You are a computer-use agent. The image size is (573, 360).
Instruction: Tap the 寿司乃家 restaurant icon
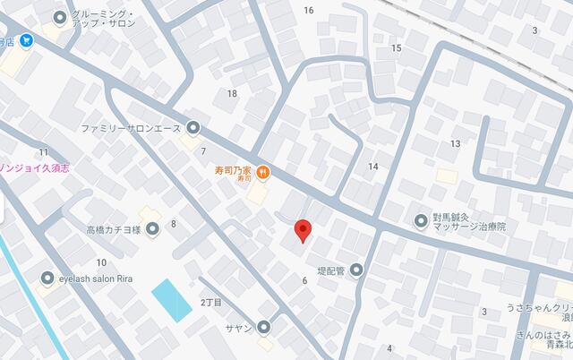point(262,172)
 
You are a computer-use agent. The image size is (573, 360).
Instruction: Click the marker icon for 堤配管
point(356,270)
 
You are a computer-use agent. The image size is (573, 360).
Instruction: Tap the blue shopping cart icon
point(26,40)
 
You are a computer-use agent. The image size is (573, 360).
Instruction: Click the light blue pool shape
point(172,300)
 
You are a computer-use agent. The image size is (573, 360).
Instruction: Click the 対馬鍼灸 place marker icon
point(421,220)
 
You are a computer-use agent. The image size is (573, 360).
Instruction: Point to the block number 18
point(232,94)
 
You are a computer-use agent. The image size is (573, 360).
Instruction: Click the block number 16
point(309,11)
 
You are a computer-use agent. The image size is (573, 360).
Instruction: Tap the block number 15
point(396,47)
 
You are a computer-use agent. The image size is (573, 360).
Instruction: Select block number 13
point(456,143)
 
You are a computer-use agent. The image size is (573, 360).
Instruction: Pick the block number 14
point(373,167)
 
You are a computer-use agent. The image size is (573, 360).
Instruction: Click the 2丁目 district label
point(210,302)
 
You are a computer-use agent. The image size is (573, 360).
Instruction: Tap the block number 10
point(101,262)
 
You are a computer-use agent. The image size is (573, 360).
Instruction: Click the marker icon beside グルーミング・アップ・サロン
point(61,16)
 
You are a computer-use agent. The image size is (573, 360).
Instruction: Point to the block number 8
point(173,224)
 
